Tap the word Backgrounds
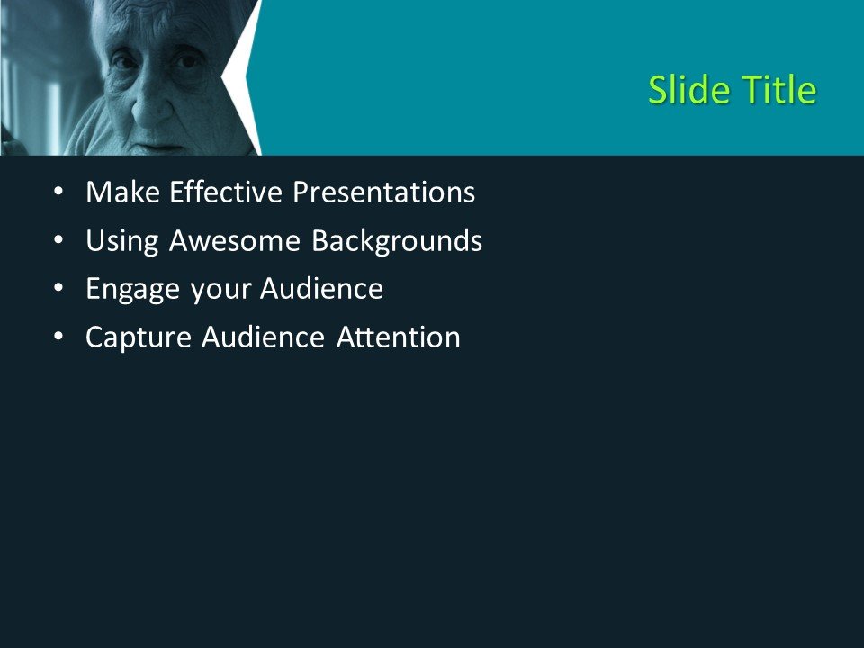coord(397,241)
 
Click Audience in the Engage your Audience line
coord(322,290)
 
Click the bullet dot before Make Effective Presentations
coord(58,193)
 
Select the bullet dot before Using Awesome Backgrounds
coord(58,241)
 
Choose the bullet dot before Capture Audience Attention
coord(58,337)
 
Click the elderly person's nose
coord(149,108)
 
